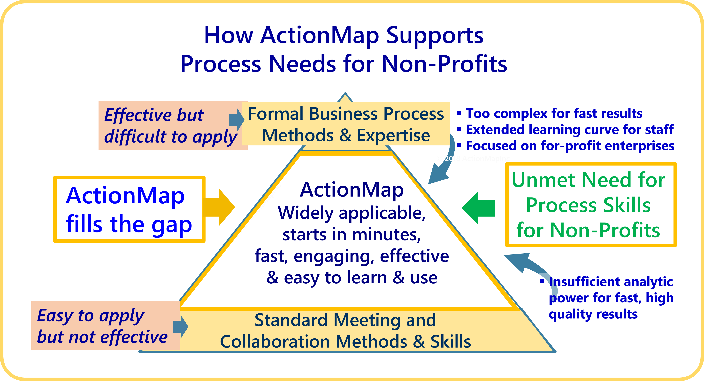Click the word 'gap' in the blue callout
click(172, 225)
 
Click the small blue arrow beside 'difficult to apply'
click(236, 119)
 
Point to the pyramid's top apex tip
click(345, 93)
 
